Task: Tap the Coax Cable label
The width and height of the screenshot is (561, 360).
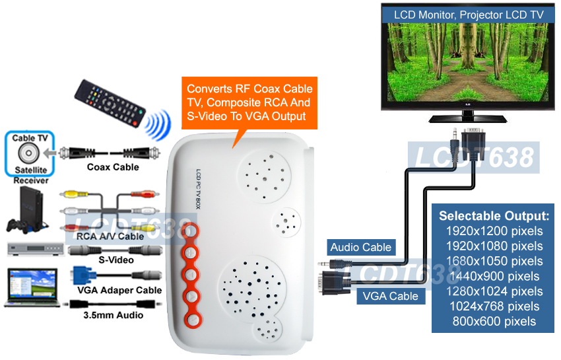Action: coord(113,167)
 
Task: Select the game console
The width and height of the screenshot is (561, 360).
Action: coord(24,209)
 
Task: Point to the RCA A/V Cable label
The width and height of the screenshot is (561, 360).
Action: coord(110,236)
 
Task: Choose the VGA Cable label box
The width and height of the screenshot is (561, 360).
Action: coord(390,296)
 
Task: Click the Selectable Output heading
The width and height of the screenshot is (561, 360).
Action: coord(494,216)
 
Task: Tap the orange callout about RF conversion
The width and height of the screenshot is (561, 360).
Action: coord(249,102)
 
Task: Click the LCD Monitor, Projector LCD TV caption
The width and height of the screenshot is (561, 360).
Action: coord(469,14)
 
